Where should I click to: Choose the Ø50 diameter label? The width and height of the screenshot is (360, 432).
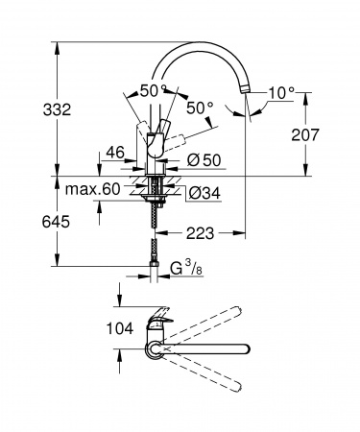[x=199, y=157]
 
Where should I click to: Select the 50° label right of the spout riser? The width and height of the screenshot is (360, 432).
[x=200, y=109]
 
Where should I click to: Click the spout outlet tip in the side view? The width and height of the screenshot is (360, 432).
[x=248, y=89]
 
